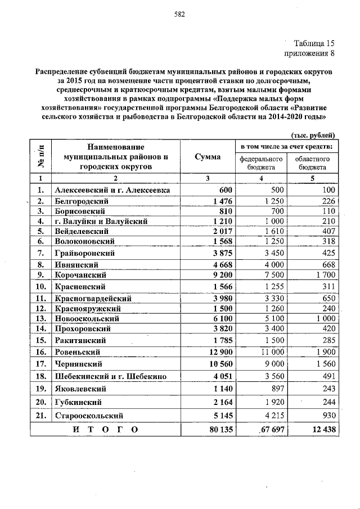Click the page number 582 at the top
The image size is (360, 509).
tap(179, 14)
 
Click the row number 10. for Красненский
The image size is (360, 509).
tap(40, 287)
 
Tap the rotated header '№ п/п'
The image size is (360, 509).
tap(40, 157)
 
